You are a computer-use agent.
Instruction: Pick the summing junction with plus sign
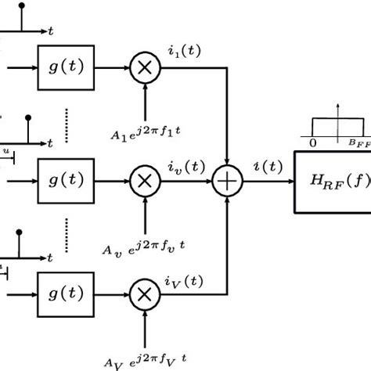coord(228,181)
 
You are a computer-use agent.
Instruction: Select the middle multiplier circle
coord(146,180)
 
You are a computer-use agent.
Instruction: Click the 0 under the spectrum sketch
coord(313,143)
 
